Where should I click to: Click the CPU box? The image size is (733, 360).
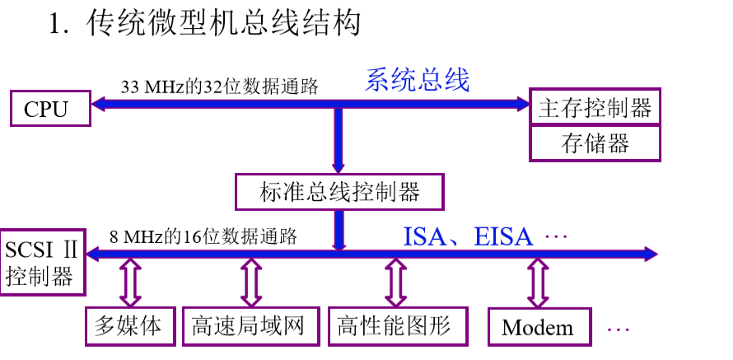click(50, 109)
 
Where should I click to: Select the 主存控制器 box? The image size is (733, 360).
click(595, 106)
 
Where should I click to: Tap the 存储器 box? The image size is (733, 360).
click(595, 143)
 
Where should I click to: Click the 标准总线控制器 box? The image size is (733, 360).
click(339, 192)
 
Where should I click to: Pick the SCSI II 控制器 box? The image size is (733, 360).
click(42, 262)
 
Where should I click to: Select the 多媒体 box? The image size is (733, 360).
click(130, 326)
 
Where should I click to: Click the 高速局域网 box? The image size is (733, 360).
click(251, 326)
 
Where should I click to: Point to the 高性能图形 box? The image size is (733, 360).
click(398, 326)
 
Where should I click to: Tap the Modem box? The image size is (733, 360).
click(540, 327)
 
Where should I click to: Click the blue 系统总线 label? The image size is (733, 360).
click(417, 80)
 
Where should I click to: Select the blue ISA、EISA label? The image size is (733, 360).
click(468, 236)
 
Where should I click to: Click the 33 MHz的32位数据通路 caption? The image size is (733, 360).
click(220, 87)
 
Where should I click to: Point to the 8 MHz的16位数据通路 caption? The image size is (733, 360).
click(203, 236)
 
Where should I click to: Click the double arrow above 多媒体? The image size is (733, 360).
click(130, 283)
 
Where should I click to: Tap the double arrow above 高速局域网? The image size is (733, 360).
click(251, 283)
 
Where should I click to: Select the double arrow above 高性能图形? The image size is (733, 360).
click(395, 283)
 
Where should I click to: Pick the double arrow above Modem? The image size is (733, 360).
click(538, 283)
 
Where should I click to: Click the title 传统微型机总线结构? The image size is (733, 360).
click(223, 23)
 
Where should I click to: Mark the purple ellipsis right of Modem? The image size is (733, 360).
click(618, 330)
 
